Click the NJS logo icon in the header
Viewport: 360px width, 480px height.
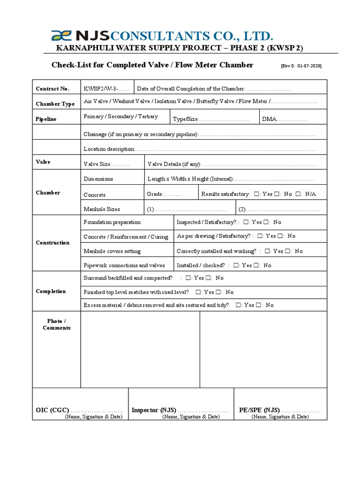click(60, 36)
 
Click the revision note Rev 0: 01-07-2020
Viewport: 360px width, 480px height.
click(301, 66)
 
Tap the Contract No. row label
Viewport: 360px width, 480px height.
click(52, 89)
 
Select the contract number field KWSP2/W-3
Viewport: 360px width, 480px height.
click(107, 89)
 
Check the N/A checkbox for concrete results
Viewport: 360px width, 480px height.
click(298, 194)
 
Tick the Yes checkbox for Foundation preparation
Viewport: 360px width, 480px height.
click(246, 222)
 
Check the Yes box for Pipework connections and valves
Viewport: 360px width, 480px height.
click(236, 265)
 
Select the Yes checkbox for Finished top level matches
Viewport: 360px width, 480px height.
click(198, 292)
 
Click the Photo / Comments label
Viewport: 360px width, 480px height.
click(56, 324)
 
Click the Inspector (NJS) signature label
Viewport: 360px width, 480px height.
click(153, 410)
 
